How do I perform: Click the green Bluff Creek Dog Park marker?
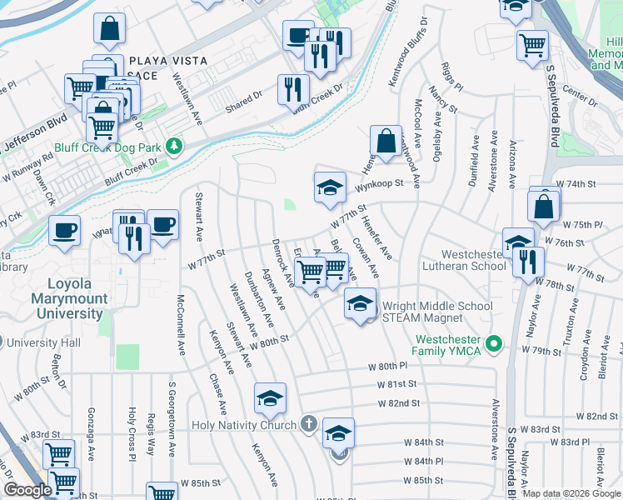[174, 147]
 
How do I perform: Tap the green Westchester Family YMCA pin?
[494, 342]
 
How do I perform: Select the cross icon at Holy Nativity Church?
[308, 424]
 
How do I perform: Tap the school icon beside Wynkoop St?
[330, 187]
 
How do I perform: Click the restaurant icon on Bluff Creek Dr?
[292, 89]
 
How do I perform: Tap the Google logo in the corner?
[27, 490]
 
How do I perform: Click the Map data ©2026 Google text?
[571, 493]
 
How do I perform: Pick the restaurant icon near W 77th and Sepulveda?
[528, 262]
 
